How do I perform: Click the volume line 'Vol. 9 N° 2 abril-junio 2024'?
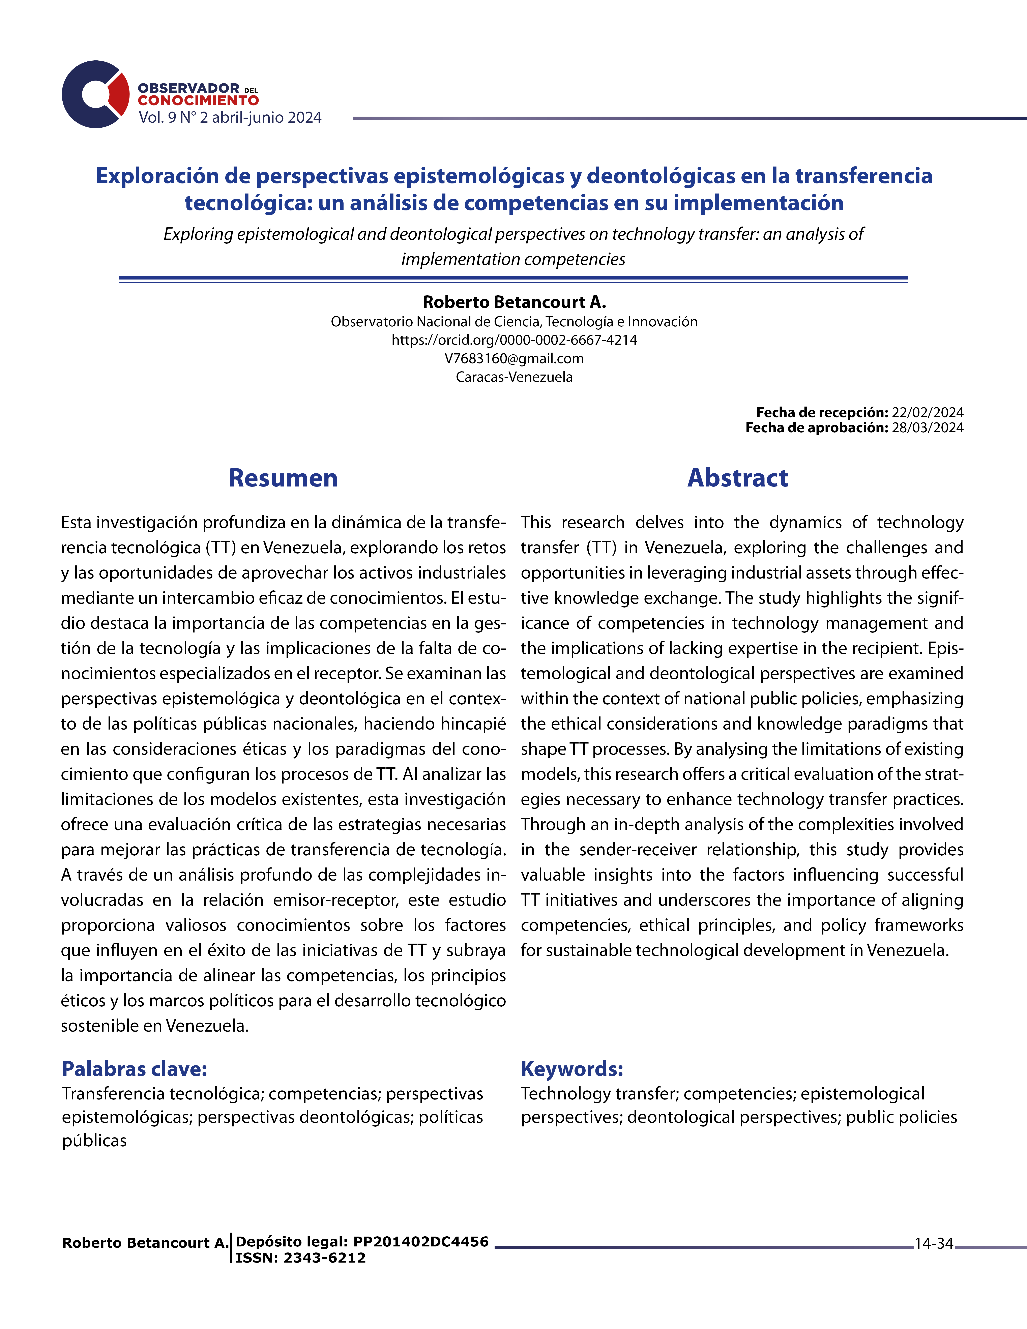(x=230, y=117)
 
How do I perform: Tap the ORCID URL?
(x=514, y=340)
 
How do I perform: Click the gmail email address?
(x=514, y=358)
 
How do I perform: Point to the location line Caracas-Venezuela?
(x=514, y=377)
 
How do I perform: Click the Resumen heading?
(x=283, y=478)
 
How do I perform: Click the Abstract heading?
(x=737, y=478)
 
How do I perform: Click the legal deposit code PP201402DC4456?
(x=421, y=1241)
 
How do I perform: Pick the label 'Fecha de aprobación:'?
(x=817, y=428)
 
